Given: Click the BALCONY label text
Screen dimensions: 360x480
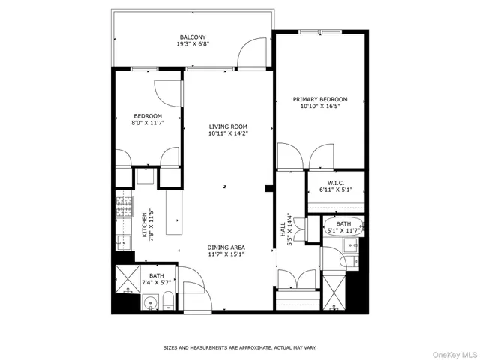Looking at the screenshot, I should (x=193, y=37).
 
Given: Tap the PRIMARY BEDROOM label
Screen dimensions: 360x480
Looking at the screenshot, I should (x=320, y=99).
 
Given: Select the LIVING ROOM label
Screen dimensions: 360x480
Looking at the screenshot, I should (x=228, y=127).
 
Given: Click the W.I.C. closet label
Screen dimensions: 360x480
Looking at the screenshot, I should (x=335, y=184).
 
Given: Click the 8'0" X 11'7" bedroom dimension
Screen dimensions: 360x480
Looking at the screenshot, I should (x=148, y=123).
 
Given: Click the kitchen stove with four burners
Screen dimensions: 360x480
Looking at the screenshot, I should (x=122, y=204).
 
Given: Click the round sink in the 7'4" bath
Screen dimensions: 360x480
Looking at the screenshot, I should (x=150, y=304).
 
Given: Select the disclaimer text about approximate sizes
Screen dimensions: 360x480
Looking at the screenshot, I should (x=240, y=348).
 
